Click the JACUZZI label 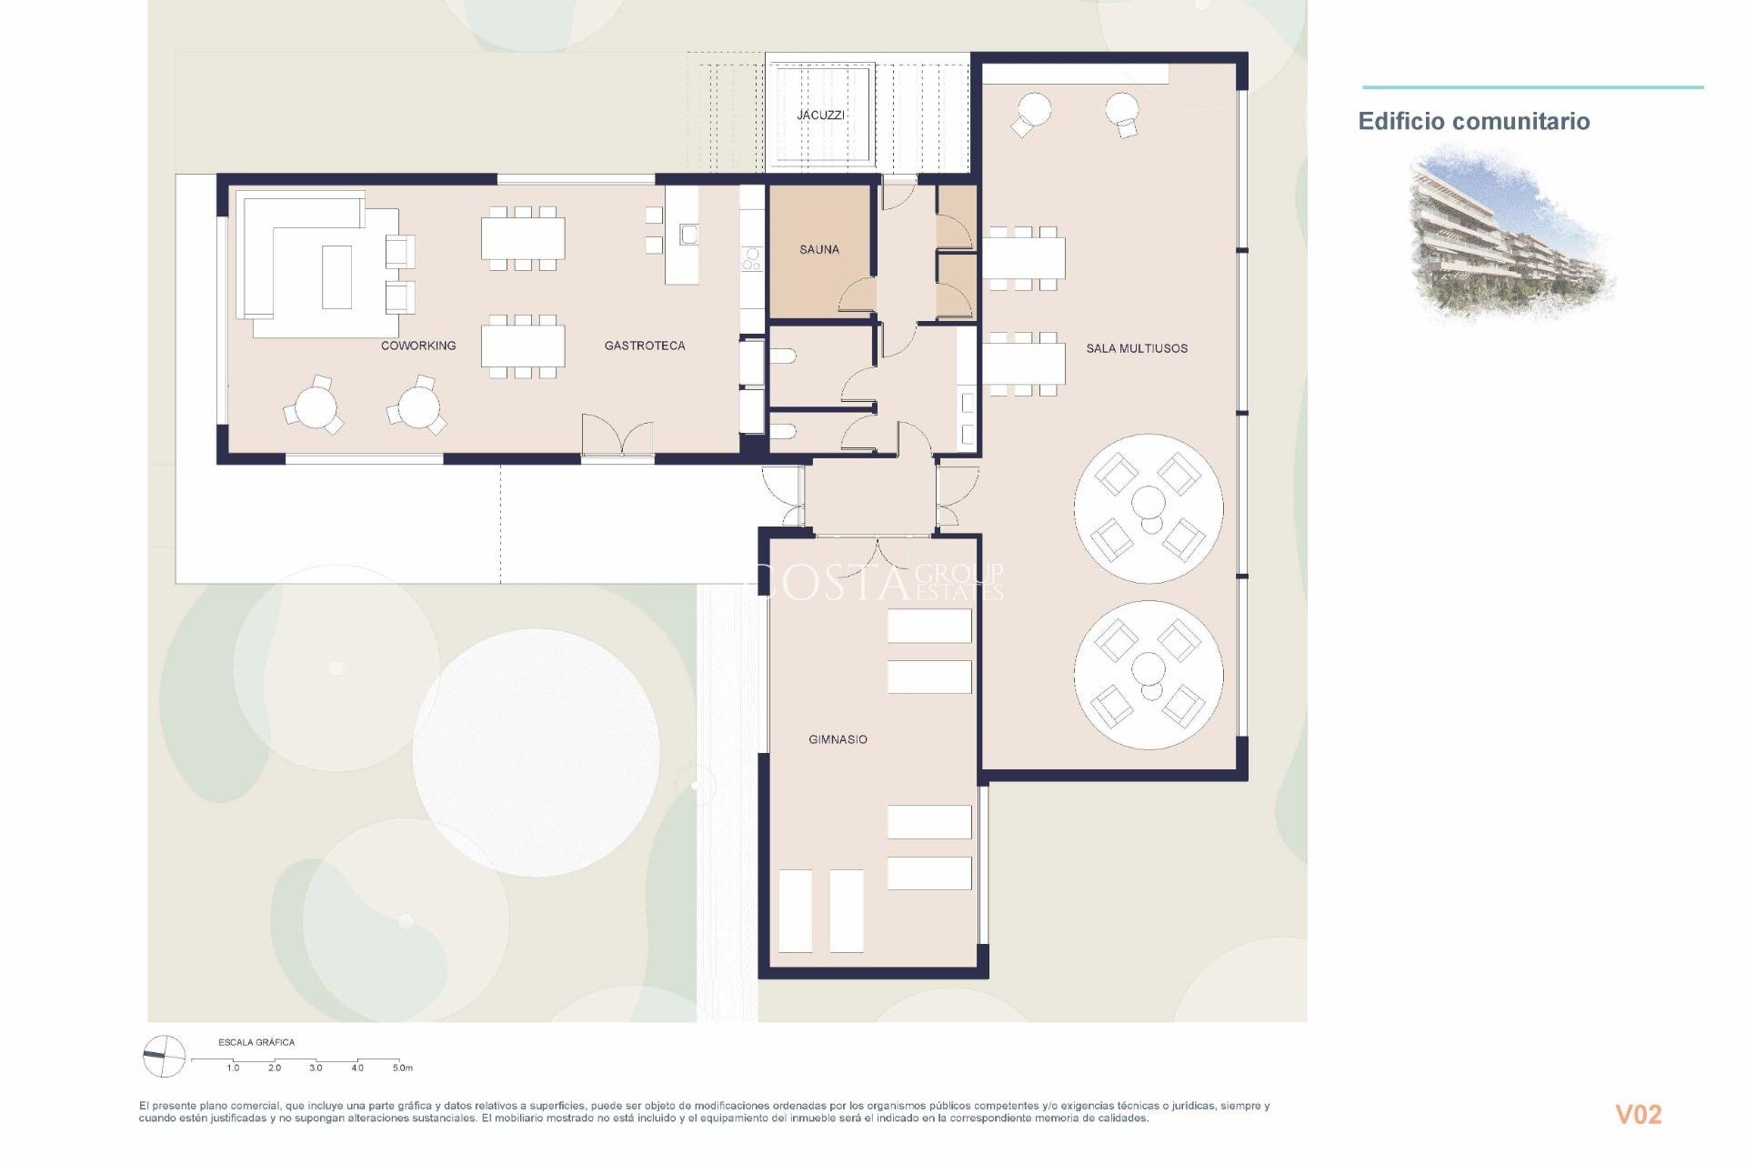coord(820,115)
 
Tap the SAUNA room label coord(819,249)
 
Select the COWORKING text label coord(418,346)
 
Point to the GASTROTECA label coord(645,346)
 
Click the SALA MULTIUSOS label coord(1137,348)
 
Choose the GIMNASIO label coord(838,739)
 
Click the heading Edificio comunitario coord(1473,122)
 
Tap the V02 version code coord(1638,1114)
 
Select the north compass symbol coord(165,1057)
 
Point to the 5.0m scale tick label coord(402,1068)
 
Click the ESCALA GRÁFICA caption coord(256,1042)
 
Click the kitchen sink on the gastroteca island coord(688,235)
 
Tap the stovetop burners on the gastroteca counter coord(751,258)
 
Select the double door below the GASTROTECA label coord(617,436)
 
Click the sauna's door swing coord(858,296)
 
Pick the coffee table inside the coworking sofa coord(336,276)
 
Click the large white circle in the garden coord(536,753)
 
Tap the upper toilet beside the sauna coord(785,357)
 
